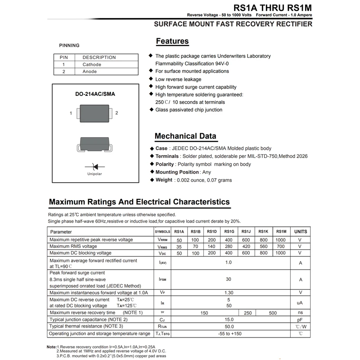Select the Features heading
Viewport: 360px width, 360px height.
tap(172, 41)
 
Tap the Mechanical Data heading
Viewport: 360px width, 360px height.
tap(185, 136)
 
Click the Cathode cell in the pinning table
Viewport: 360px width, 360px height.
tap(92, 64)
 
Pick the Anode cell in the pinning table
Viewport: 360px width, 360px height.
tap(90, 72)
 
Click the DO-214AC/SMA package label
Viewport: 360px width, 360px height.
tap(95, 94)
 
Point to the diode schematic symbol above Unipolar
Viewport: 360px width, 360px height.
tap(94, 166)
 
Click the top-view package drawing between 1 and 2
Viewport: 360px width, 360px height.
tap(94, 113)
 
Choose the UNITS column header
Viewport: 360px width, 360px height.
tap(301, 232)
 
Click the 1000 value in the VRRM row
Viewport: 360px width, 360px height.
tap(280, 240)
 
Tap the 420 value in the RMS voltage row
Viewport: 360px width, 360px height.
tap(246, 247)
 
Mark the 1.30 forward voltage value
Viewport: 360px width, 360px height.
tap(229, 293)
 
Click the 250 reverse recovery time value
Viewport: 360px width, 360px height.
tap(248, 313)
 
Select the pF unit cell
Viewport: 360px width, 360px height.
tap(301, 319)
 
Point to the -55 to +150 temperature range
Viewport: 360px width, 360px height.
tap(229, 333)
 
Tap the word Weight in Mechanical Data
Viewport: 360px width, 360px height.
tap(164, 180)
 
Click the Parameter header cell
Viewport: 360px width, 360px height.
tap(61, 232)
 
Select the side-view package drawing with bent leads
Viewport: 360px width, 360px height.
tap(95, 144)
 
